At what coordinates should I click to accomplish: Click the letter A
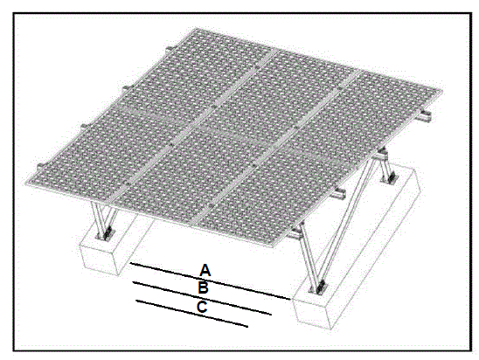pos(205,268)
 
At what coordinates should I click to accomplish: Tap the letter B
pos(203,287)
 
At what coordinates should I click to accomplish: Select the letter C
pos(202,307)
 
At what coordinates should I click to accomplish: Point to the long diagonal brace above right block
pos(345,223)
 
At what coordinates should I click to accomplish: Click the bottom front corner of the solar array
pos(284,245)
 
